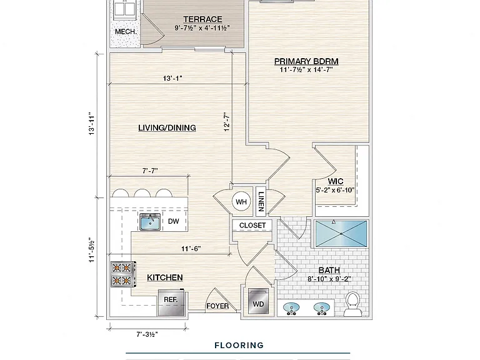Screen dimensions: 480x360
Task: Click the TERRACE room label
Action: [x=202, y=19]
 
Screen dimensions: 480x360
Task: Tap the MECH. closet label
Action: [x=126, y=31]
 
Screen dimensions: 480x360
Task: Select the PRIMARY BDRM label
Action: [x=306, y=61]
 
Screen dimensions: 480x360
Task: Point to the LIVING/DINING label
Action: [x=167, y=127]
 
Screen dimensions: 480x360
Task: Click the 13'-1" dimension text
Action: [x=172, y=78]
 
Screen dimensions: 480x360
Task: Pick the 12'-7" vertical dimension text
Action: [x=226, y=122]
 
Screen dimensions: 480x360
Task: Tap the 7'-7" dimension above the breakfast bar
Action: [x=150, y=171]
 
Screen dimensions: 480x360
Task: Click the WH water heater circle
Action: [x=241, y=202]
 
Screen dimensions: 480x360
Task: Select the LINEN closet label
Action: [x=261, y=202]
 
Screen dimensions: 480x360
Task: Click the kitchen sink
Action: [x=150, y=222]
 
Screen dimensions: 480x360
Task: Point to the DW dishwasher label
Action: [x=174, y=221]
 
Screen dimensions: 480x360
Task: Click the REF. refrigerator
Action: [x=171, y=302]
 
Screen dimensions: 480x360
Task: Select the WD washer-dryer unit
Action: [x=259, y=301]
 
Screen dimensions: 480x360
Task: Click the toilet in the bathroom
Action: [x=353, y=304]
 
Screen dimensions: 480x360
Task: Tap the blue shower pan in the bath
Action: [x=341, y=234]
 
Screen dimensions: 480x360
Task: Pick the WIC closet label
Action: [x=336, y=181]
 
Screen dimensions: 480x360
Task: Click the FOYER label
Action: [x=217, y=306]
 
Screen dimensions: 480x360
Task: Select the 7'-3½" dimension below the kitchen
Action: [x=147, y=334]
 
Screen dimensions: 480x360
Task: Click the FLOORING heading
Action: [x=239, y=346]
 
